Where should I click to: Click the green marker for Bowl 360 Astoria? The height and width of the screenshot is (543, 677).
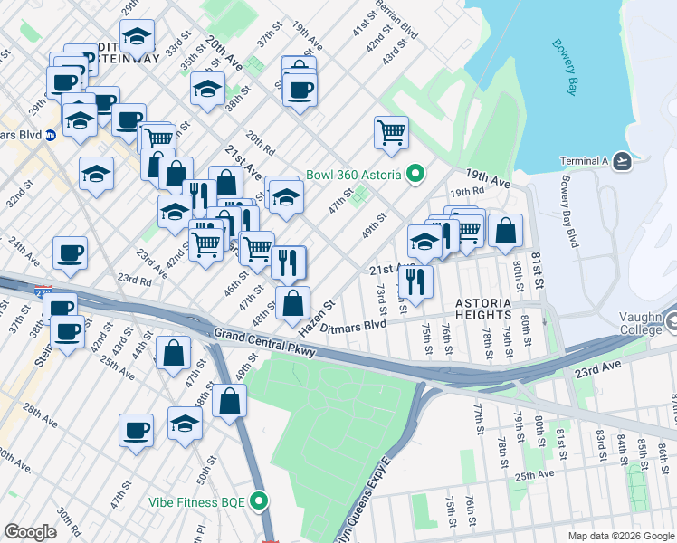415,172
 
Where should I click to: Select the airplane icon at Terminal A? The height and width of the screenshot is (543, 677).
622,161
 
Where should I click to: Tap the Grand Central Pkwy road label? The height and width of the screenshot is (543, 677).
263,341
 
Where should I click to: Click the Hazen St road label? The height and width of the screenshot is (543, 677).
323,313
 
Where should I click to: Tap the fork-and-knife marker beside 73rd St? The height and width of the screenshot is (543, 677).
415,280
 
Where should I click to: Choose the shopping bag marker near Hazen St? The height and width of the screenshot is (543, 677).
292,303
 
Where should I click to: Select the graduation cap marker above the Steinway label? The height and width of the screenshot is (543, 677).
137,38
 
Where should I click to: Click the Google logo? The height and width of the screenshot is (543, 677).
31,532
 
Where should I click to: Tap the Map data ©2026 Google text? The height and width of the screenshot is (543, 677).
620,536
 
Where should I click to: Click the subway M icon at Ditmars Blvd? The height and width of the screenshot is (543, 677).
52,135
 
